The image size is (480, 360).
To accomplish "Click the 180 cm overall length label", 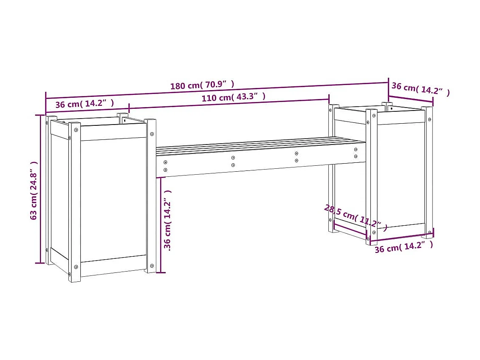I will (x=202, y=85).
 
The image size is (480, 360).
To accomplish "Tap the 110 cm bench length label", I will (x=234, y=97).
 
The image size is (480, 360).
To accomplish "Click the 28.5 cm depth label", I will (x=355, y=217).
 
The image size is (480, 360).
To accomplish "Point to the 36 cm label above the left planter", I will (x=85, y=104).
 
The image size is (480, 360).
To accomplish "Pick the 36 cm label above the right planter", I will (x=420, y=89).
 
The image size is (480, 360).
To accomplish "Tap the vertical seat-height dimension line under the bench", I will (x=161, y=225).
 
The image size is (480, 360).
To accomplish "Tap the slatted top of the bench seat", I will (x=259, y=145).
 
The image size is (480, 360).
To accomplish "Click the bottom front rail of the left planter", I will (x=113, y=265).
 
